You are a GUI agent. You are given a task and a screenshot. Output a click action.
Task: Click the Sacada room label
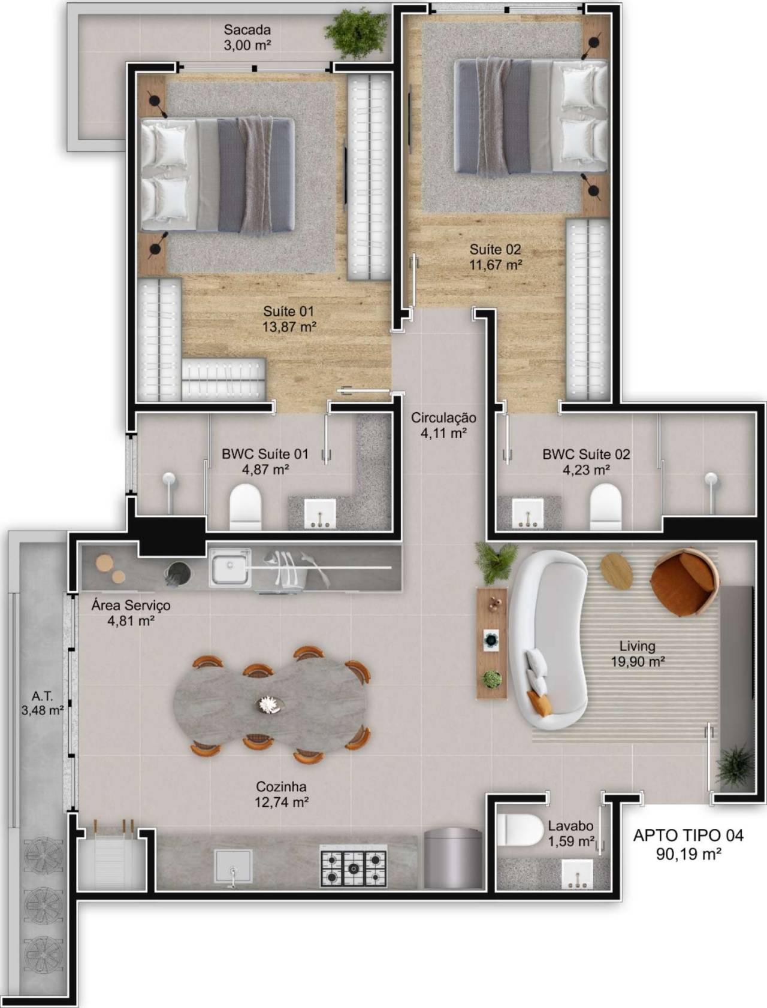[x=247, y=29]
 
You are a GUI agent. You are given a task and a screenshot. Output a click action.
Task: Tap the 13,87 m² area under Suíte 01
[x=289, y=327]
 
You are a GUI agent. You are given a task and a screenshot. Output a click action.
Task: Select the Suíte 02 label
[x=495, y=249]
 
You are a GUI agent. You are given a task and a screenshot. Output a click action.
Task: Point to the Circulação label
[x=443, y=418]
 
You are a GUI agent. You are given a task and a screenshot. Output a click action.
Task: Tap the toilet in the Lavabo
[x=520, y=830]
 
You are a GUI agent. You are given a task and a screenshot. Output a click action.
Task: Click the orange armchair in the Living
[x=685, y=582]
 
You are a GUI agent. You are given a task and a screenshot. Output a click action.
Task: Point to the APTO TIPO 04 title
[x=689, y=835]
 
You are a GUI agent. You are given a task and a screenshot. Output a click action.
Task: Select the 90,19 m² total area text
[x=689, y=854]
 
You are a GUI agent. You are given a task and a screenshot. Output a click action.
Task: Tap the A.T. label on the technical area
[x=42, y=696]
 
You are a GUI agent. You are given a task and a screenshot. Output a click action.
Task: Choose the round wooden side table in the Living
[x=617, y=570]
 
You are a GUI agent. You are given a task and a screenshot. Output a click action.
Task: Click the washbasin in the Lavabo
[x=577, y=874]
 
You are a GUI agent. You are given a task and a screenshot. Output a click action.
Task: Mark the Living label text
[x=637, y=646]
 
